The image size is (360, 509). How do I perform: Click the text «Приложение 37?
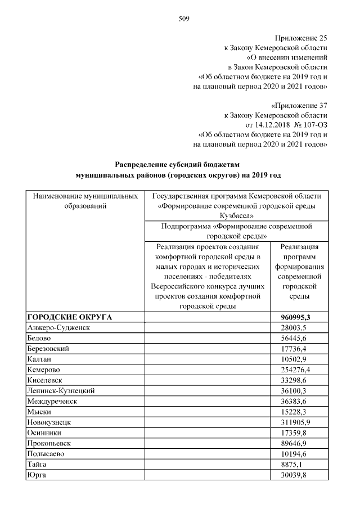tap(299, 105)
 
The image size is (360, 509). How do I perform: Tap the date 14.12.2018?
tap(265, 124)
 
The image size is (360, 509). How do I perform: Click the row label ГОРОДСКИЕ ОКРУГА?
tap(70, 317)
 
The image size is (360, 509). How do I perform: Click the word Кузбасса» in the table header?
tap(236, 215)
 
